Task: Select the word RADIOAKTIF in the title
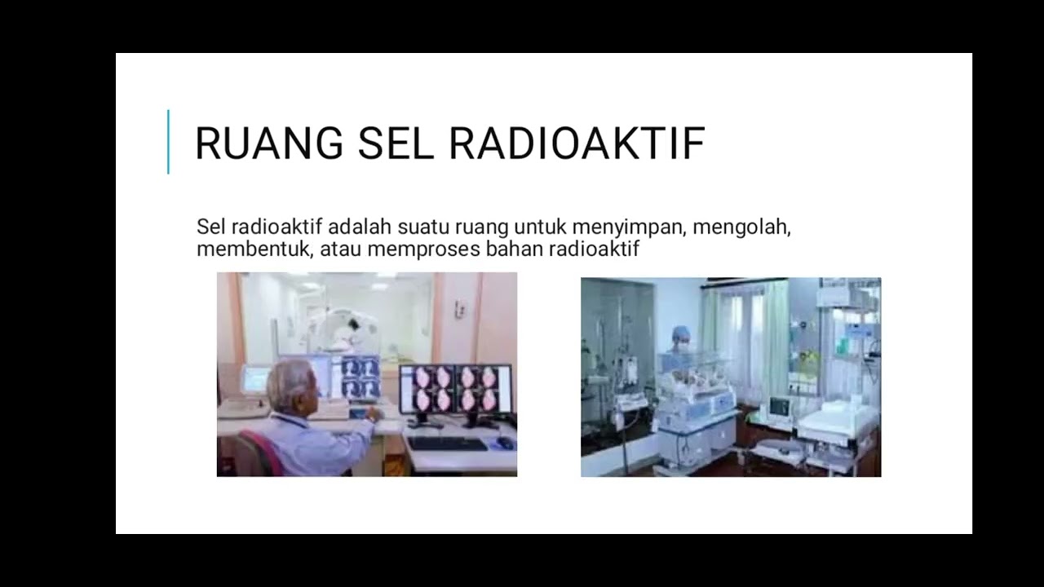[x=577, y=143]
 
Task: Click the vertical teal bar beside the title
[x=168, y=142]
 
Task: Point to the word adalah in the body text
[x=362, y=227]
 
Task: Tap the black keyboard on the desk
[x=447, y=444]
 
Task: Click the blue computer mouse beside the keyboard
[x=505, y=443]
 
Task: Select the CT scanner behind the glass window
[x=347, y=326]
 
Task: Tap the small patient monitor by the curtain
[x=779, y=406]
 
